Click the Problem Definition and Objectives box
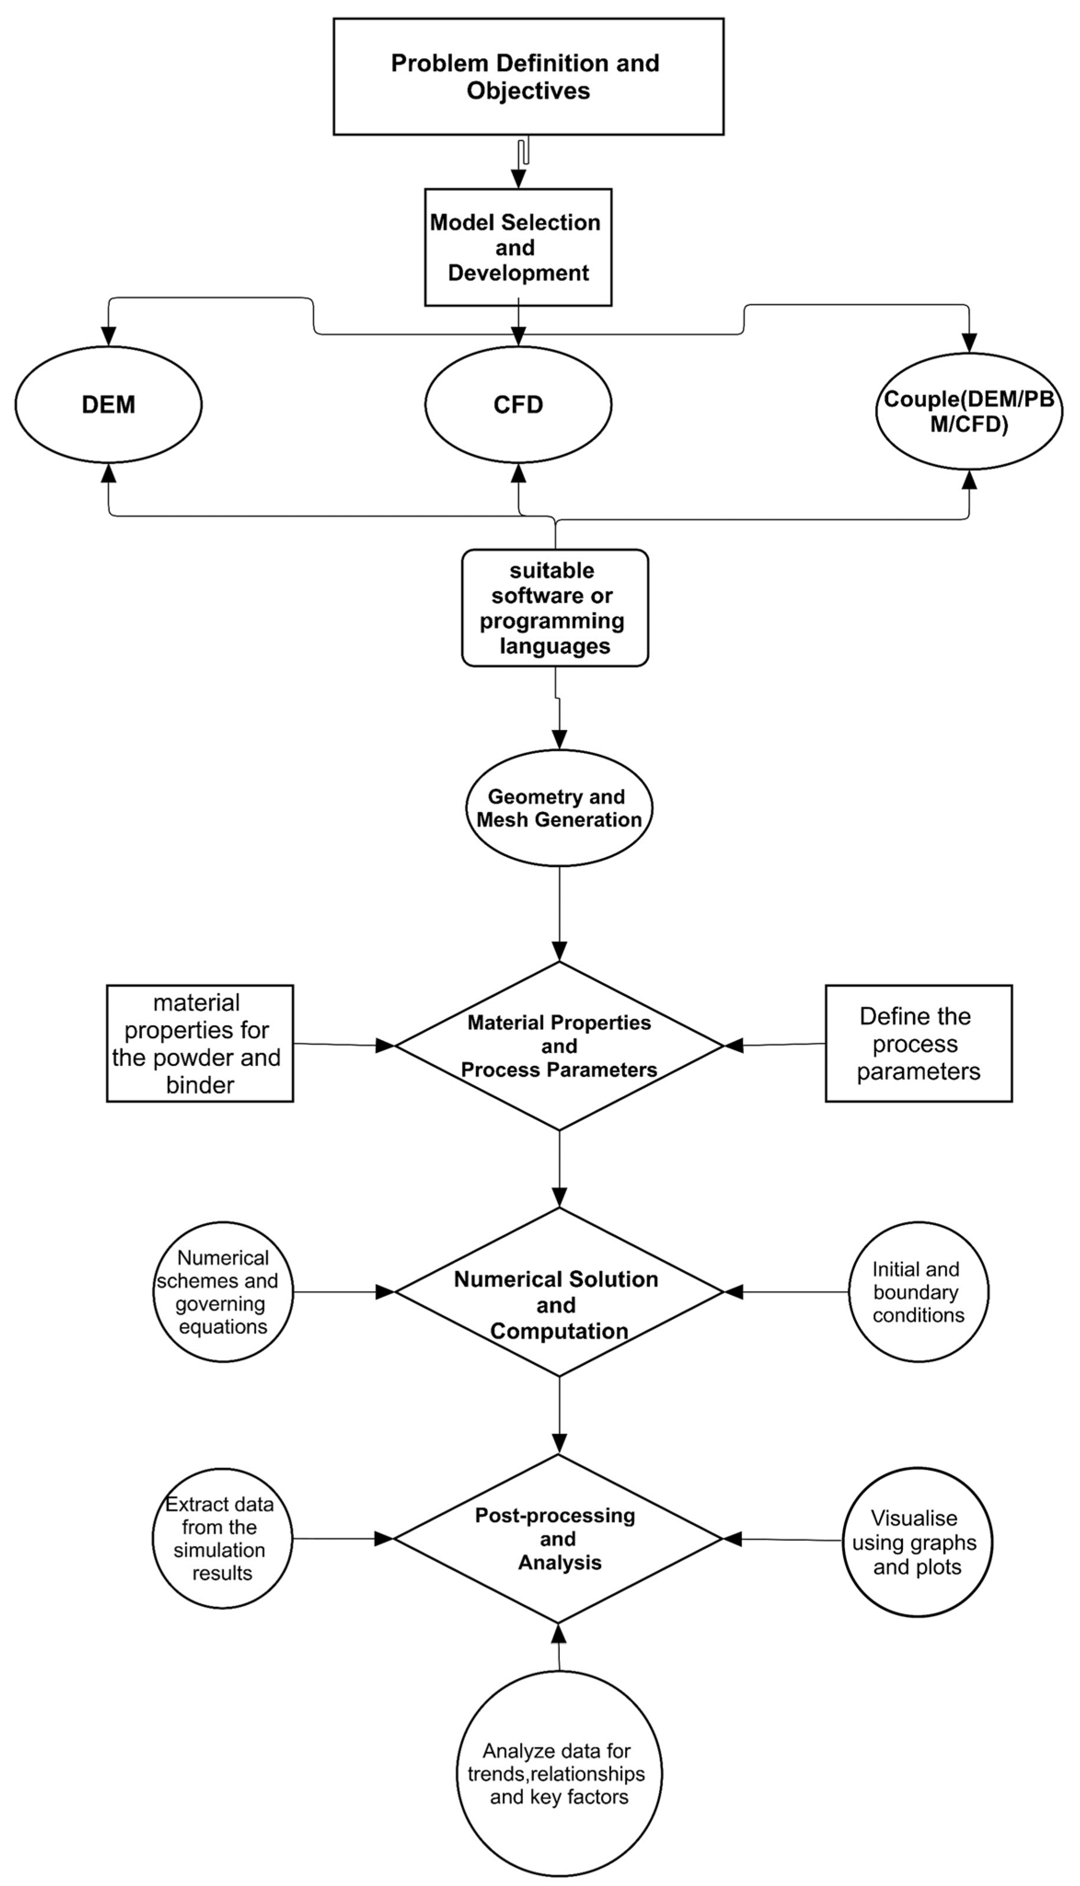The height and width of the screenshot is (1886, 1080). (528, 76)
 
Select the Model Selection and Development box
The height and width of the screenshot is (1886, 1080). (518, 247)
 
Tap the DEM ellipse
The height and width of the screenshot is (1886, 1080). (108, 405)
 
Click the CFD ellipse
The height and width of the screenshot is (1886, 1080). (518, 405)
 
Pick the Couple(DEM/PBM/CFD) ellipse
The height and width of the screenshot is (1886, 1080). (969, 412)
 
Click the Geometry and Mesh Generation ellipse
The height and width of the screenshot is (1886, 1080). (558, 808)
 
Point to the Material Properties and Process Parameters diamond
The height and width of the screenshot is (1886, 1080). (558, 1046)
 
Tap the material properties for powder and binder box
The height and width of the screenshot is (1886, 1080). (200, 1043)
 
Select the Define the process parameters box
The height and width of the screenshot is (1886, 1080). (918, 1043)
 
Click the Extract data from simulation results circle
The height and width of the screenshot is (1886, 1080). (222, 1538)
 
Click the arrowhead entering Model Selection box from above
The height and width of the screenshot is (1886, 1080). (518, 179)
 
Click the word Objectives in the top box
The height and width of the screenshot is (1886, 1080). (528, 91)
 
